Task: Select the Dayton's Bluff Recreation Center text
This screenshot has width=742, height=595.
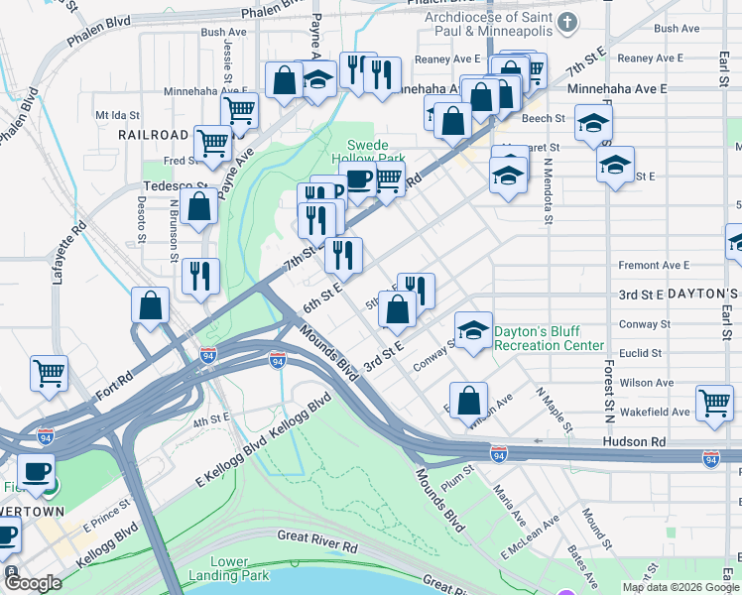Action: coord(549,339)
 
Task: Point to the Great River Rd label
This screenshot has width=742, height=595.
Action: coord(317,546)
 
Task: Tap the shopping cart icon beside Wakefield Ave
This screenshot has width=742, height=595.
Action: coord(714,402)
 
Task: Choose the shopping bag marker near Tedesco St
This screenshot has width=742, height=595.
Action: coord(199,206)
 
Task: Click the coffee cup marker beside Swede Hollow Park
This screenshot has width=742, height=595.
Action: coord(359,178)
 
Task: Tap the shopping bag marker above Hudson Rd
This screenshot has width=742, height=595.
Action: coord(469,401)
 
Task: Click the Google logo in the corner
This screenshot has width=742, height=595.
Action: coord(33,583)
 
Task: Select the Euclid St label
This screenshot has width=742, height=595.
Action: coord(640,353)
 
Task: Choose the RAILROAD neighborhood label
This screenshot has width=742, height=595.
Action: coord(153,134)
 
